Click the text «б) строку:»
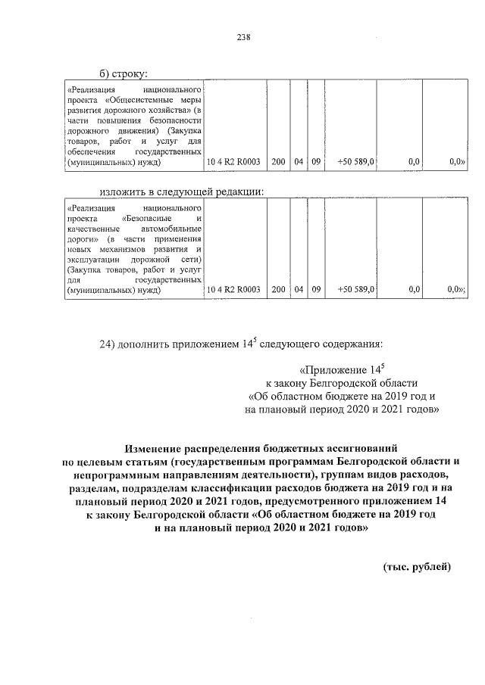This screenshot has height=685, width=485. (x=124, y=73)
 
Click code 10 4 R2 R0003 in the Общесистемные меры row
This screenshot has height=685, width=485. (x=233, y=161)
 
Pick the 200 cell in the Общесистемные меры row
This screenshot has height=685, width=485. (x=278, y=161)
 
